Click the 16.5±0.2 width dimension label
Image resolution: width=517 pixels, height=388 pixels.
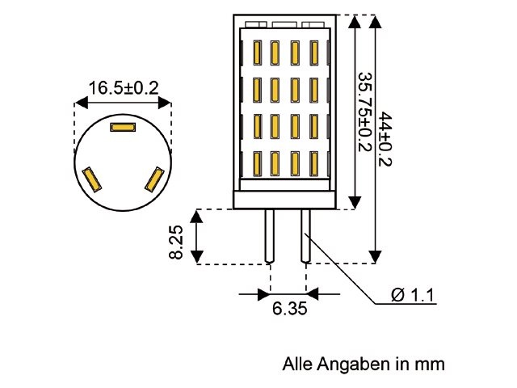click(x=122, y=88)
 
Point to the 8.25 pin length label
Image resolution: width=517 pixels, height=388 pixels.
click(x=177, y=242)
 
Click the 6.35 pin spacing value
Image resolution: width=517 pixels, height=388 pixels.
click(x=288, y=309)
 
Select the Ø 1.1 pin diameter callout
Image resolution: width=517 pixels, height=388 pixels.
click(x=413, y=296)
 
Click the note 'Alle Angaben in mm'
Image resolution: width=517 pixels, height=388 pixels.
click(x=364, y=364)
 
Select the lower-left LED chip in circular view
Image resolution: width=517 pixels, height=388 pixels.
click(x=90, y=179)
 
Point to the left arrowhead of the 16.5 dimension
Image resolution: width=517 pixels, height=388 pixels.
click(x=78, y=103)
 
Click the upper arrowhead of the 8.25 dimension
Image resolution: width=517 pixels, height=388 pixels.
click(x=197, y=214)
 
